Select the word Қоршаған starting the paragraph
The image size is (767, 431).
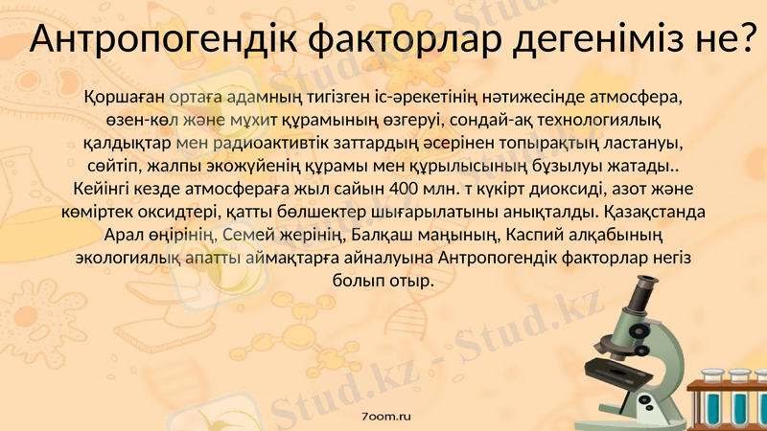(124, 98)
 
